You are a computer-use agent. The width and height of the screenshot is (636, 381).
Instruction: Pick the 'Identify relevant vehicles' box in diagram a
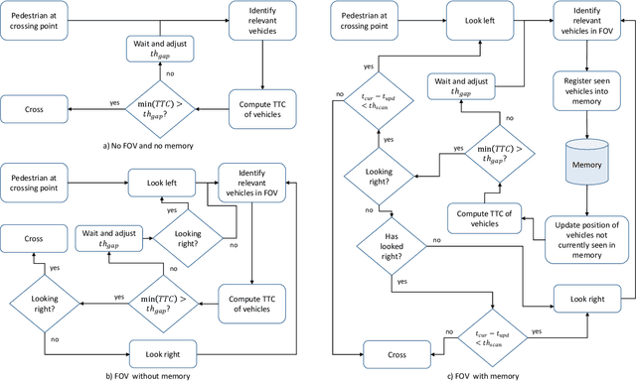tap(260, 16)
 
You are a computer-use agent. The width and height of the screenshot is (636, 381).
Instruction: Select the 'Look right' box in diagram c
tap(585, 298)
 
